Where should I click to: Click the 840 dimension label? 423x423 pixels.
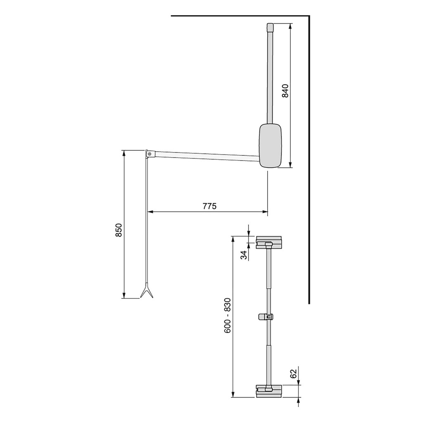285,91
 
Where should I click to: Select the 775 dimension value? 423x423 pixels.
209,206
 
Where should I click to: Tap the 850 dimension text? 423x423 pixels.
119,230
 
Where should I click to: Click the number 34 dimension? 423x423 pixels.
244,255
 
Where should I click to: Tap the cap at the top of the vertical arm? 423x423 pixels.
270,28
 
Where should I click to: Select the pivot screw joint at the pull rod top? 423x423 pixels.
149,154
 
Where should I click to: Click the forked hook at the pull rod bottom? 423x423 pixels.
146,291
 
